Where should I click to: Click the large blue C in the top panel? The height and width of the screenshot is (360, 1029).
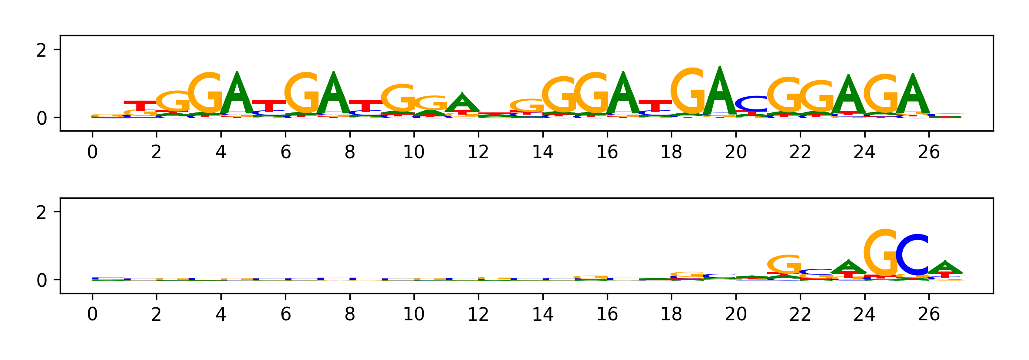click(x=751, y=103)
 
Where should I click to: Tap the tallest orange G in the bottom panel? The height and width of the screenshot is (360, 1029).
click(x=880, y=253)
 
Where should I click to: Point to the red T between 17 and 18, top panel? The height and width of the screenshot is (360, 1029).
click(x=655, y=105)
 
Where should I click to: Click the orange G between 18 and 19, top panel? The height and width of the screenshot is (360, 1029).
click(x=687, y=91)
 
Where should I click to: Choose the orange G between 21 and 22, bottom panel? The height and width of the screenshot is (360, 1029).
click(x=784, y=264)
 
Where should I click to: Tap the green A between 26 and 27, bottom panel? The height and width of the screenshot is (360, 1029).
click(x=945, y=268)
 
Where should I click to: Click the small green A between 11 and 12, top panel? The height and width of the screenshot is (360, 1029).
click(x=462, y=103)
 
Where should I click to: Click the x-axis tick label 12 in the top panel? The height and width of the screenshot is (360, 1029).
click(x=478, y=152)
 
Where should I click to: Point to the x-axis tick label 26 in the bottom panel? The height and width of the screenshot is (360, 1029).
click(x=929, y=314)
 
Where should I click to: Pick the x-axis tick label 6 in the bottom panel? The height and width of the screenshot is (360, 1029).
click(x=285, y=314)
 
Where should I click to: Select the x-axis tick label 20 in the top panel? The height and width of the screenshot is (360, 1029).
click(x=736, y=152)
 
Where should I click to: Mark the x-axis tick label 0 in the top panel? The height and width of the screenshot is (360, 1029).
click(x=92, y=152)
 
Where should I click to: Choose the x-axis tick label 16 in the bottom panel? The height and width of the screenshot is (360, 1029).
click(x=607, y=314)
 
